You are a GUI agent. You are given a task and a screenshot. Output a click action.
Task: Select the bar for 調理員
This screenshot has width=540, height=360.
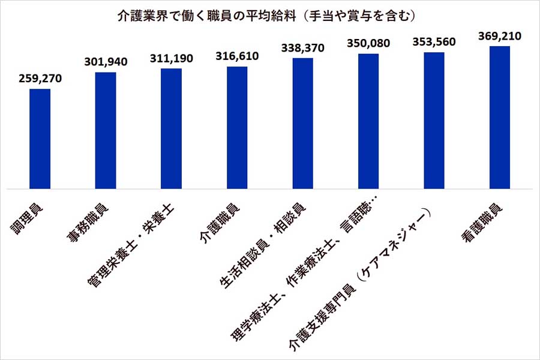[x=40, y=139]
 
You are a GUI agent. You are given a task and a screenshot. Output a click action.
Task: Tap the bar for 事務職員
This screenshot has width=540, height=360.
[x=106, y=131]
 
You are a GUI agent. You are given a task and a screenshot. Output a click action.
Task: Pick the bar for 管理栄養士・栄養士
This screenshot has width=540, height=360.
[x=172, y=129]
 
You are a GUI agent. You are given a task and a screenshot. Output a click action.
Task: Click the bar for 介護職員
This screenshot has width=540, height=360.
[x=237, y=128]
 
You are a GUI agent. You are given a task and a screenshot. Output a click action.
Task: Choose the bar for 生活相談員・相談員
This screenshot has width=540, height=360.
[x=303, y=124]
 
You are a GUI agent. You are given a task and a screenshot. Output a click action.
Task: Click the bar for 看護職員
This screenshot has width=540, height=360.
[x=500, y=118]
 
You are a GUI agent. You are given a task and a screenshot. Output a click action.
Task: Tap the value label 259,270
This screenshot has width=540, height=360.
[x=40, y=79]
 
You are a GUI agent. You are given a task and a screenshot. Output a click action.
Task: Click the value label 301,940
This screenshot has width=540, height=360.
[x=106, y=61]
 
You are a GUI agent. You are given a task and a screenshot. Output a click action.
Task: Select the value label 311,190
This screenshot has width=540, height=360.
[x=172, y=58]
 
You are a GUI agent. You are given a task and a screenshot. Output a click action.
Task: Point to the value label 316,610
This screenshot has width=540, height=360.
[x=237, y=56]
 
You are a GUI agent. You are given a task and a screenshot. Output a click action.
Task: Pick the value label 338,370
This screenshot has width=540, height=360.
[x=303, y=48]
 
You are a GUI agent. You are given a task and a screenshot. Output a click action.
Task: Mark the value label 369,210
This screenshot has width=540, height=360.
[x=500, y=36]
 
